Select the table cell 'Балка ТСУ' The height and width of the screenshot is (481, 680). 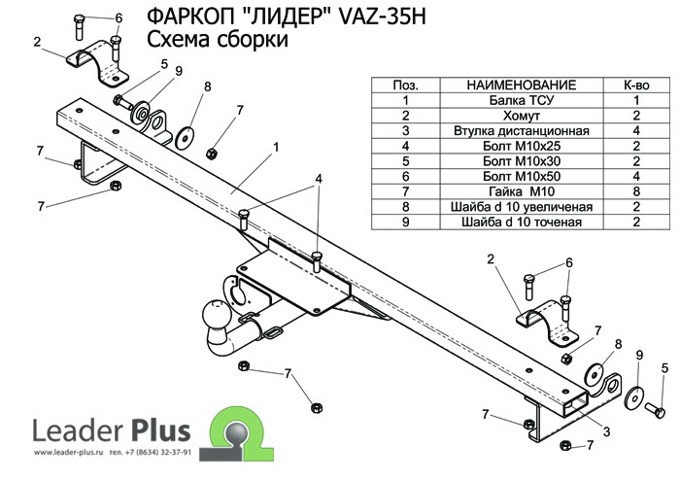[522, 100]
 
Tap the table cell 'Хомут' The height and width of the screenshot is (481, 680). [522, 114]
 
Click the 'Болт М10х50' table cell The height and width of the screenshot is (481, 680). [522, 175]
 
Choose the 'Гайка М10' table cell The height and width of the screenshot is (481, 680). [522, 190]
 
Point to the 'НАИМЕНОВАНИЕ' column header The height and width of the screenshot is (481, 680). [522, 86]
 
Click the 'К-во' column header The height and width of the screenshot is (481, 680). [635, 86]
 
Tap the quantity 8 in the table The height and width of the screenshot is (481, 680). [635, 190]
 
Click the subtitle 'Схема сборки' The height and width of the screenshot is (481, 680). [217, 41]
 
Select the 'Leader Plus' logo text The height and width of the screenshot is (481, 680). [112, 429]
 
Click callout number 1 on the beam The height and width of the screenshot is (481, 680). [277, 147]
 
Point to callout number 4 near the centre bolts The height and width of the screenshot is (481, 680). [317, 179]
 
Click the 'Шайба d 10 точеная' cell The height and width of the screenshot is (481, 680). [522, 222]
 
